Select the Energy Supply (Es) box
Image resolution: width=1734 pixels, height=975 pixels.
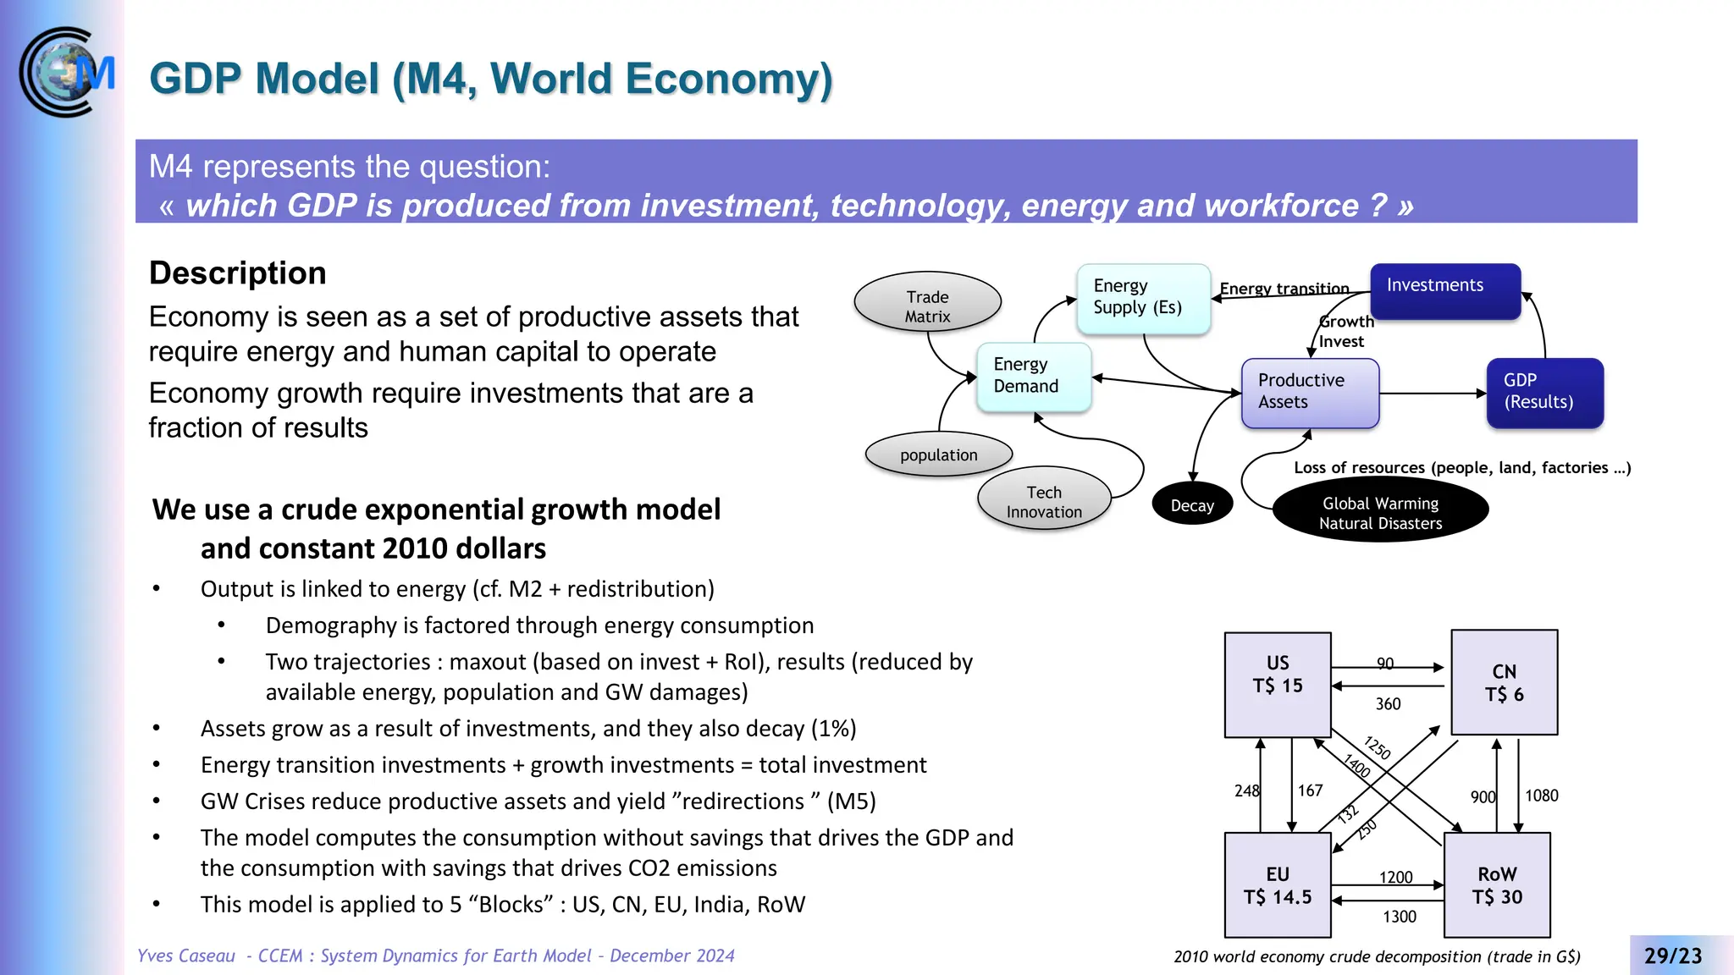click(1142, 298)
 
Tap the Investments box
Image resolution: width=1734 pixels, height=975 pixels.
click(1444, 290)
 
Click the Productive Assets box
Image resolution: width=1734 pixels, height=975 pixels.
click(1309, 393)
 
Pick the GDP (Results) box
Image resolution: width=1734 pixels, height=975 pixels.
click(1543, 393)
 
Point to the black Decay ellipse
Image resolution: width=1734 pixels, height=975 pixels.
click(1191, 504)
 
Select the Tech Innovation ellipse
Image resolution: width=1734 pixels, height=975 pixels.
click(1043, 500)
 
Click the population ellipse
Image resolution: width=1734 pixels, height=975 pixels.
click(938, 454)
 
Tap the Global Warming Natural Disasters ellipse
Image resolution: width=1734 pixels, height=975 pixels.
click(1379, 512)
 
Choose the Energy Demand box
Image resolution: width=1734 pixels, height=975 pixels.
click(1033, 377)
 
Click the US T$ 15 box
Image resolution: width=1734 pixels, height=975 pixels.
click(1277, 684)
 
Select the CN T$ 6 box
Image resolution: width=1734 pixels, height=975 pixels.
click(1504, 682)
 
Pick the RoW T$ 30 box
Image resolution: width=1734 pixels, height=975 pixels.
click(1496, 884)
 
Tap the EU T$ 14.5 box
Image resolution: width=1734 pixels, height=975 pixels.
click(1277, 884)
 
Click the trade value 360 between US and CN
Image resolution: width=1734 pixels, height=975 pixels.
click(1388, 703)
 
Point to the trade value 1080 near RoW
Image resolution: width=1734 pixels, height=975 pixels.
click(1541, 795)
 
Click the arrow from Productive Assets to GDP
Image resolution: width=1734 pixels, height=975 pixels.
click(1431, 394)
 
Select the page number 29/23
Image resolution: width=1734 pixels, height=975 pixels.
click(1672, 956)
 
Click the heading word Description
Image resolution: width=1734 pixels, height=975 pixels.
click(237, 273)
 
